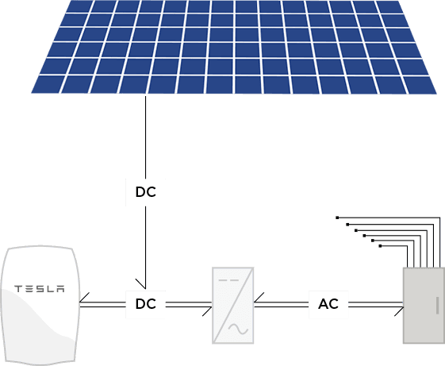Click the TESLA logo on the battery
(x=40, y=289)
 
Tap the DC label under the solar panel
(x=146, y=192)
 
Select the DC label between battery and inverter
(x=146, y=304)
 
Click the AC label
(x=328, y=304)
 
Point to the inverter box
(x=233, y=306)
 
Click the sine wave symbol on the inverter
(x=238, y=329)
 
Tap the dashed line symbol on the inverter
(x=228, y=280)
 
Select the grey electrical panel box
(x=424, y=306)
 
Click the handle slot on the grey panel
(x=437, y=306)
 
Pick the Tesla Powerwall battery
(x=40, y=305)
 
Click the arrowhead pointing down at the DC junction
(x=142, y=284)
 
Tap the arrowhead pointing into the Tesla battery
(x=84, y=299)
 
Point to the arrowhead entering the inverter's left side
(x=207, y=311)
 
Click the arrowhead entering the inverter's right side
(x=259, y=298)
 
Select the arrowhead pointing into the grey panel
(x=399, y=311)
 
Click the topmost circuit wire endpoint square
(x=337, y=218)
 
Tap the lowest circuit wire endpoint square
(x=380, y=246)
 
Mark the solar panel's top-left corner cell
(x=79, y=6)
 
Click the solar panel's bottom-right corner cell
(x=421, y=85)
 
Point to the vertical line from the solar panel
(x=146, y=137)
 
